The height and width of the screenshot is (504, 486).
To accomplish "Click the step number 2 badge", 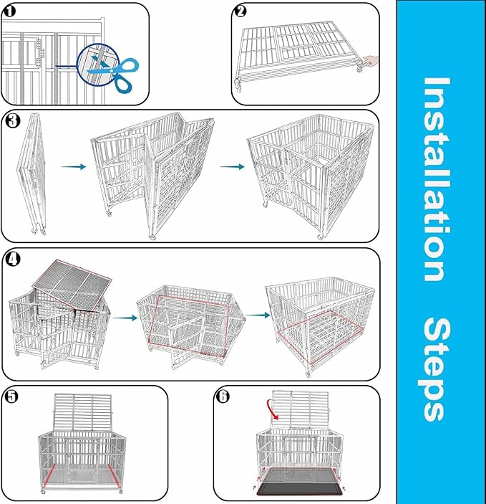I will tap(241, 11).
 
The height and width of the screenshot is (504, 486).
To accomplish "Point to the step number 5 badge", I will tap(11, 396).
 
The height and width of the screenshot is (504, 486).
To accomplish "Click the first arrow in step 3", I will tap(73, 166).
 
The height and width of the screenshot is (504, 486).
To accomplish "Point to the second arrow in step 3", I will tap(230, 166).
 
